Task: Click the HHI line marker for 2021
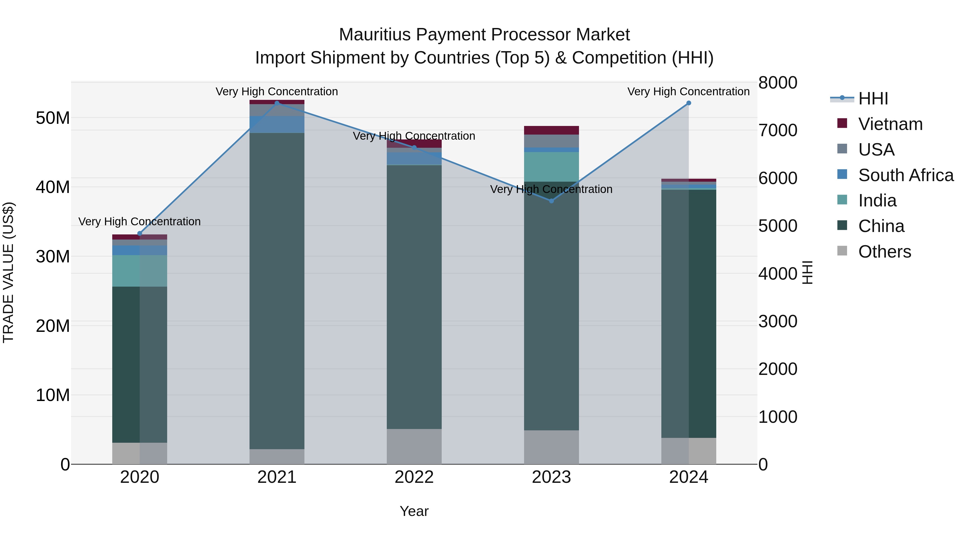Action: pyautogui.click(x=277, y=103)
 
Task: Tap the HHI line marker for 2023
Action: pyautogui.click(x=552, y=201)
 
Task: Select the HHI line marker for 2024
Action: pyautogui.click(x=689, y=103)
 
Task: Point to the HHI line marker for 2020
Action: pyautogui.click(x=139, y=234)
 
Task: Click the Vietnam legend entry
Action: pyautogui.click(x=890, y=124)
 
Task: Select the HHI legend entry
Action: pyautogui.click(x=873, y=99)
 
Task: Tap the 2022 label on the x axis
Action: pyautogui.click(x=414, y=477)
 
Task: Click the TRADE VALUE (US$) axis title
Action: pyautogui.click(x=9, y=272)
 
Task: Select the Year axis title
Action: pyautogui.click(x=414, y=511)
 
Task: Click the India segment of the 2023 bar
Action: pyautogui.click(x=552, y=167)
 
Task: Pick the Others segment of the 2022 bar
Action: pyautogui.click(x=414, y=446)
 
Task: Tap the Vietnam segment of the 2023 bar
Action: pyautogui.click(x=552, y=130)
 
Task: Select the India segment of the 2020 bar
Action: pyautogui.click(x=139, y=271)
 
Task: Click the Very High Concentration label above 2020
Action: pyautogui.click(x=139, y=221)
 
